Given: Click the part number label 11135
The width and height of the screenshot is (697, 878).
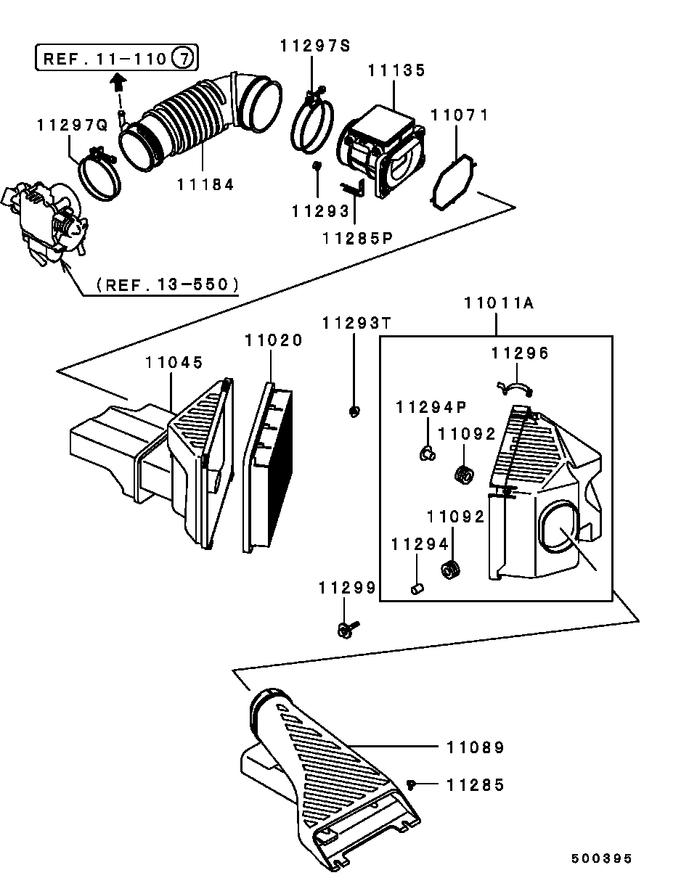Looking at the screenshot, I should tap(396, 71).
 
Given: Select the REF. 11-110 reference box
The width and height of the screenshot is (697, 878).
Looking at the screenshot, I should tap(117, 58).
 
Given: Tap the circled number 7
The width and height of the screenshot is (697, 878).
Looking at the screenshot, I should tap(184, 58).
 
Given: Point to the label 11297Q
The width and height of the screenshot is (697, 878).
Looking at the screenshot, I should tap(73, 126).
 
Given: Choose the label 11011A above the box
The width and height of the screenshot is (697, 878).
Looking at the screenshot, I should tap(499, 304).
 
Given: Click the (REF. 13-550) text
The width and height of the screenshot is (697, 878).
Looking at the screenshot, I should tap(168, 285).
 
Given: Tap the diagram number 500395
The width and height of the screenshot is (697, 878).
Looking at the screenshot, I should tap(601, 858).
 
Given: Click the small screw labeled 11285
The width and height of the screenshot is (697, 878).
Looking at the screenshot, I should tap(412, 784).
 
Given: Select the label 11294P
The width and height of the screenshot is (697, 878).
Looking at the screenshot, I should tap(431, 409).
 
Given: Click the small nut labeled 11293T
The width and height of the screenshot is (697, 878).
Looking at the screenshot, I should tap(354, 412).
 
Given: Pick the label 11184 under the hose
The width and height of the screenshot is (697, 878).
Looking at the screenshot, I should tap(205, 185).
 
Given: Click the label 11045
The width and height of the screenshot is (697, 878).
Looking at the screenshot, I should tap(174, 361).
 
